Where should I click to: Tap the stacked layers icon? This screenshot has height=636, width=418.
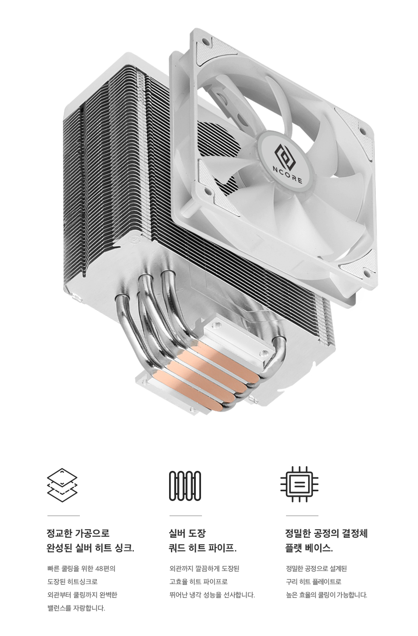coord(62,485)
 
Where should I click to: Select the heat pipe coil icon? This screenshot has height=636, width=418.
coord(185,485)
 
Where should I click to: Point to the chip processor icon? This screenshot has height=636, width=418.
coord(299,484)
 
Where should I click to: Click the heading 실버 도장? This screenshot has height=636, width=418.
coord(187,533)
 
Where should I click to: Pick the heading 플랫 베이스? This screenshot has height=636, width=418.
coord(309,548)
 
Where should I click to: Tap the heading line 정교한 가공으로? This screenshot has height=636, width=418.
coord(78,533)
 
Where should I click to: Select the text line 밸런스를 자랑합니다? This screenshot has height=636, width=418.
coord(76,608)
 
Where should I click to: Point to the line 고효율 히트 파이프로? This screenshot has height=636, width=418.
coord(198,581)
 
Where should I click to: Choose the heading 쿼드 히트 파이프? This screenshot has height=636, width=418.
coord(202,548)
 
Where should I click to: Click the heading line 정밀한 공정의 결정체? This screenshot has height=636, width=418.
coord(326,533)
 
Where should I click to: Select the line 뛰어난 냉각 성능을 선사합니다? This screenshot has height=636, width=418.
coord(212,595)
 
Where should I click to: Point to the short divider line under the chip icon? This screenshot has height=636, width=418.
coord(302,516)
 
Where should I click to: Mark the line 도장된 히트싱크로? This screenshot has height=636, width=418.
coord(72,581)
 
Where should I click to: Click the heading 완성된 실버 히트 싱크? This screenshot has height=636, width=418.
coord(90,548)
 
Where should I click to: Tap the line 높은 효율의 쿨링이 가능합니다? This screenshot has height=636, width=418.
coord(326,595)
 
